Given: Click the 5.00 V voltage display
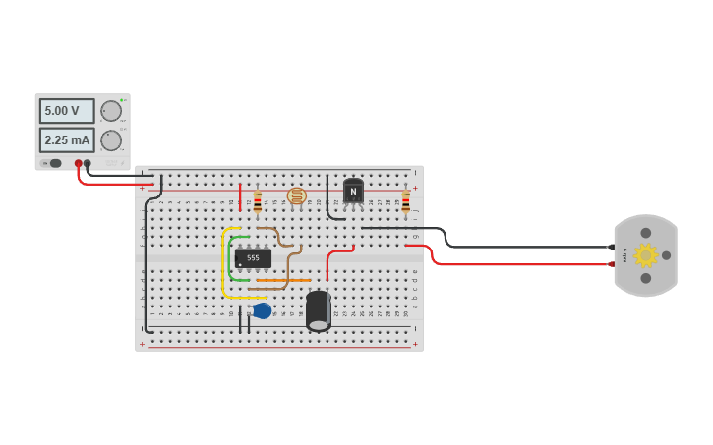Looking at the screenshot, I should pos(67,111).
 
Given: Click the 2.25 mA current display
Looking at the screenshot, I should pos(67,139).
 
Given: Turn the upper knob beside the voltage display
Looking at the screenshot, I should pos(111,111).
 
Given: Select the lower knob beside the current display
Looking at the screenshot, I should pos(111,140).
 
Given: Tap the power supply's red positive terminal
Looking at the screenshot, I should pos(79,164).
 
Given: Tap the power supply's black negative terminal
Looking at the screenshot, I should pos(88,164).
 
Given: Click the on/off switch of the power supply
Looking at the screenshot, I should pos(55,163).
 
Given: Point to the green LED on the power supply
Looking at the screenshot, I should pos(122,100).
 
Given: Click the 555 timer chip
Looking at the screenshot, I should pos(253,258).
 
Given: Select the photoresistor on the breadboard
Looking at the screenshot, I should pos(296,196).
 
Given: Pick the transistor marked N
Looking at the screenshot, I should pos(353,192).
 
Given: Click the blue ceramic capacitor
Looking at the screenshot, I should pos(262,310).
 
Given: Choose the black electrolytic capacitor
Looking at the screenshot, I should pos(318,310).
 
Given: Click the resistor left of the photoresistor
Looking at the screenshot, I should pos(258,201).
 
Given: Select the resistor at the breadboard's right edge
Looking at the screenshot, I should pos(405,201).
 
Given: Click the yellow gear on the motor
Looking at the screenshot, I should pos(645,255).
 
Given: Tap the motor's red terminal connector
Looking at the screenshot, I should pos(611,263).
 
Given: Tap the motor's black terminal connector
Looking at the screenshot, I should pos(611,247).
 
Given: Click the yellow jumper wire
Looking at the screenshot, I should pos(224,265).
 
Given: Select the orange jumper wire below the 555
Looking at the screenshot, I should pos(283,280).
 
